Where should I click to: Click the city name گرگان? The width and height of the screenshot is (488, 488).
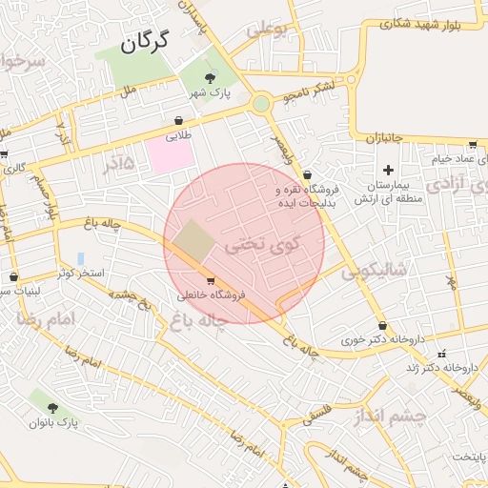[x=145, y=41]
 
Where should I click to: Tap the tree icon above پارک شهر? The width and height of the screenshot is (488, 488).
[x=211, y=77]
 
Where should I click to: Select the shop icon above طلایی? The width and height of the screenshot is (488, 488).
[x=178, y=121]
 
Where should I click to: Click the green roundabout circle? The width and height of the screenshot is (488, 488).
[x=261, y=103]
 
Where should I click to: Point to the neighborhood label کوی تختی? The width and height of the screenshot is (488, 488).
[x=262, y=244]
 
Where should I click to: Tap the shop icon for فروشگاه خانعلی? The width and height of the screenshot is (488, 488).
[x=210, y=280]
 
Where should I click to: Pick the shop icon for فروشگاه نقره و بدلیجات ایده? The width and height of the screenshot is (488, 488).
[x=307, y=174]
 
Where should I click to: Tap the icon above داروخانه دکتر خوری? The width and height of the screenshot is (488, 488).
[x=382, y=325]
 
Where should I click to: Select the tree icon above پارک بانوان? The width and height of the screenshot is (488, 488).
[x=52, y=407]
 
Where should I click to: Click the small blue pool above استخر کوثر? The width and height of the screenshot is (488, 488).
[x=80, y=258]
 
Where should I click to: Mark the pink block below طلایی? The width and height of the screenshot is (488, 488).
[x=170, y=154]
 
